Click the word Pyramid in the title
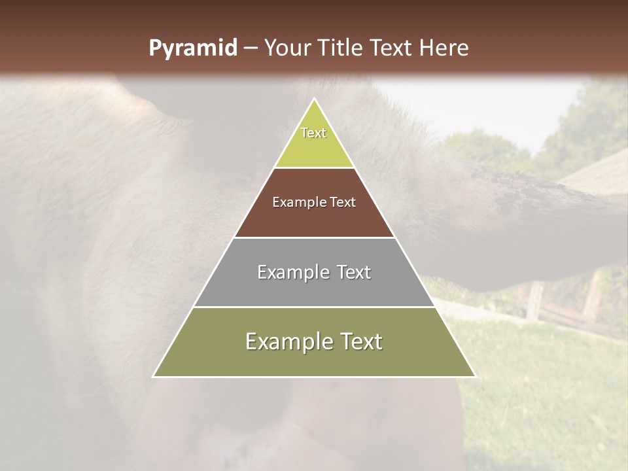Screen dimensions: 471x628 pyautogui.click(x=192, y=48)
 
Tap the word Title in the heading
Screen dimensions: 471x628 pyautogui.click(x=341, y=48)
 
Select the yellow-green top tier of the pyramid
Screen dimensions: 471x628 pyautogui.click(x=314, y=147)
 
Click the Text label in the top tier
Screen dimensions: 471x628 pyautogui.click(x=313, y=133)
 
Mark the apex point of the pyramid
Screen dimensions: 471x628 pyautogui.click(x=315, y=99)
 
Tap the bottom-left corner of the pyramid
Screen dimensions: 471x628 pyautogui.click(x=154, y=376)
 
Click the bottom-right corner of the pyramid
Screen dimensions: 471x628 pyautogui.click(x=475, y=376)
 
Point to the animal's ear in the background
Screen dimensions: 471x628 pyautogui.click(x=523, y=196)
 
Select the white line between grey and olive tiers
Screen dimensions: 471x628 pyautogui.click(x=314, y=307)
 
